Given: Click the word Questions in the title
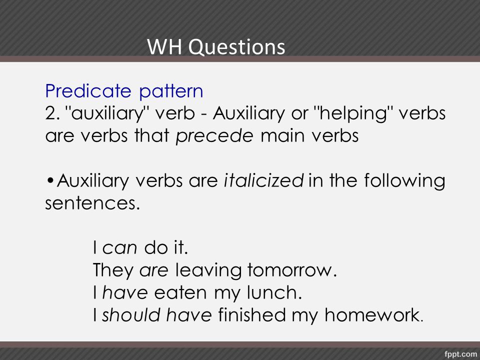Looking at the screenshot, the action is pos(236,47).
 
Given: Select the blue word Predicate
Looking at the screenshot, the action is pos(88,91).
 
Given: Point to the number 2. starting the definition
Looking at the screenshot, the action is pos(52,113).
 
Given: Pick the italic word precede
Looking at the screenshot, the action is pos(214,136).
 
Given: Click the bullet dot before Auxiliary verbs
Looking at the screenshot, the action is pos(50,180).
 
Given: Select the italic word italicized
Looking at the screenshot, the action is pos(263,180).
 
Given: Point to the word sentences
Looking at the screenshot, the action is pos(93,203).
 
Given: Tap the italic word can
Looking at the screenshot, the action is pos(119,248).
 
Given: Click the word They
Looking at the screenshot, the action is pos(113,270).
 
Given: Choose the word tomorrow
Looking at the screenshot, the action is pos(291,270).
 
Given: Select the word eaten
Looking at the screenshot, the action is pos(180,292).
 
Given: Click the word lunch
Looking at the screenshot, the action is pos(274,292).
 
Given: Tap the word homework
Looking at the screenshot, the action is pos(373,315).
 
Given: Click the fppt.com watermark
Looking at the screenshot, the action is pos(460,354).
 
